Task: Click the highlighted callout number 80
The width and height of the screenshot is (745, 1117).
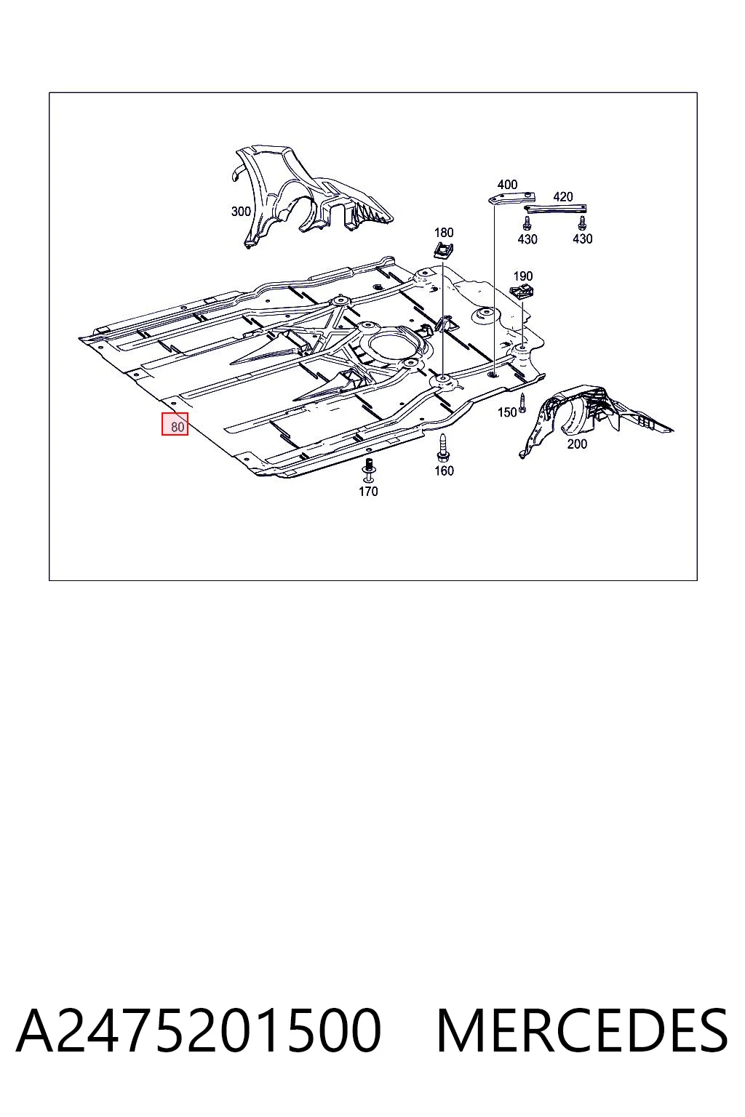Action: (177, 427)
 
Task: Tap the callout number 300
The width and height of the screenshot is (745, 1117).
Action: (241, 212)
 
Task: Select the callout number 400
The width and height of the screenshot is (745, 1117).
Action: (507, 185)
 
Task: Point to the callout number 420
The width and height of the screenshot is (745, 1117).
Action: (563, 196)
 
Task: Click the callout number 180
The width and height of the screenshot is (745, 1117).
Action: (444, 233)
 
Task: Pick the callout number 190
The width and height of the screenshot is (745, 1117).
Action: (523, 276)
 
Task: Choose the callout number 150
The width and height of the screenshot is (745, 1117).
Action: (507, 412)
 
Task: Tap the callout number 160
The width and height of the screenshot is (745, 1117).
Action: (444, 471)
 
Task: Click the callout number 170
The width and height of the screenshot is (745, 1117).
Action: (368, 491)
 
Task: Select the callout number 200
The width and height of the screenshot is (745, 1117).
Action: (577, 444)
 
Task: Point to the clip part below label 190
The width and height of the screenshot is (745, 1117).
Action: (521, 292)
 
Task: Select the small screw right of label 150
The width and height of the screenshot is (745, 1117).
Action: (522, 403)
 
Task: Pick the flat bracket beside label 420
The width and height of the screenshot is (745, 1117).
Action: (555, 209)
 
